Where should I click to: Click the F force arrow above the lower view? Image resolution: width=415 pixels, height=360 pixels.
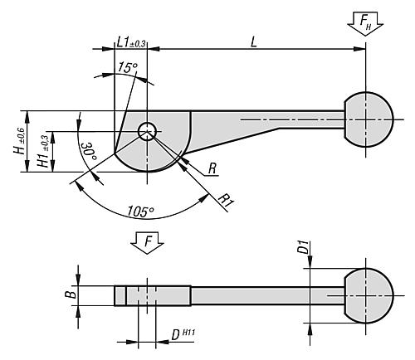147,243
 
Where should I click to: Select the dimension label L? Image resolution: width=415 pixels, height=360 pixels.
254,42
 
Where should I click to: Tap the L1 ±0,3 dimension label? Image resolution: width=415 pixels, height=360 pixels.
131,42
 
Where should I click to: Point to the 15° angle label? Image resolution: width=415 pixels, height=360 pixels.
128,67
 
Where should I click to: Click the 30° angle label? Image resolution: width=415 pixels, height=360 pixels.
89,153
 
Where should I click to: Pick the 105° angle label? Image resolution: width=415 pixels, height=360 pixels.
140,212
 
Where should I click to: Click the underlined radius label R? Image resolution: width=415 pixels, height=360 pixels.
212,168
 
